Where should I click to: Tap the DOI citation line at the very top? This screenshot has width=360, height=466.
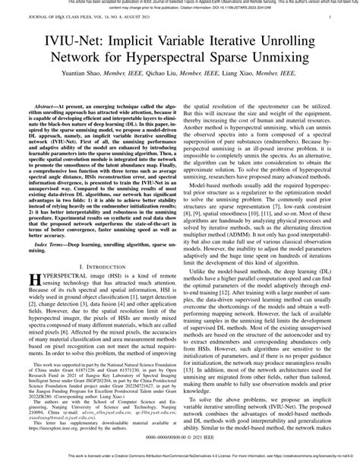point(180,10)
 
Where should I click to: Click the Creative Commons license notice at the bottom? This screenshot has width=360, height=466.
point(180,461)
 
